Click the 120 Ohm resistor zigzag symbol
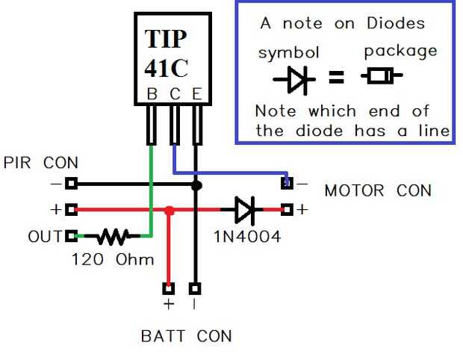coord(114,238)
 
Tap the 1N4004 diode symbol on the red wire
coord(245,210)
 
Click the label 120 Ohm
coord(113,260)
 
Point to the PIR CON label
coord(41,162)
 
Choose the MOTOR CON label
coord(378,190)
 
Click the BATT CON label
coord(187,336)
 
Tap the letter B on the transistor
coord(152,94)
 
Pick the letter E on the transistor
coord(196,94)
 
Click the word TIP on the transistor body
coord(167,39)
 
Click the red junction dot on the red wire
coord(170,211)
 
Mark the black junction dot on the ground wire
coord(196,184)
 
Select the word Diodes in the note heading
coord(396,23)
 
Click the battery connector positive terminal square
coord(169,288)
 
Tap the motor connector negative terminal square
coord(286,182)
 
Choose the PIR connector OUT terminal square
coord(72,237)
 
